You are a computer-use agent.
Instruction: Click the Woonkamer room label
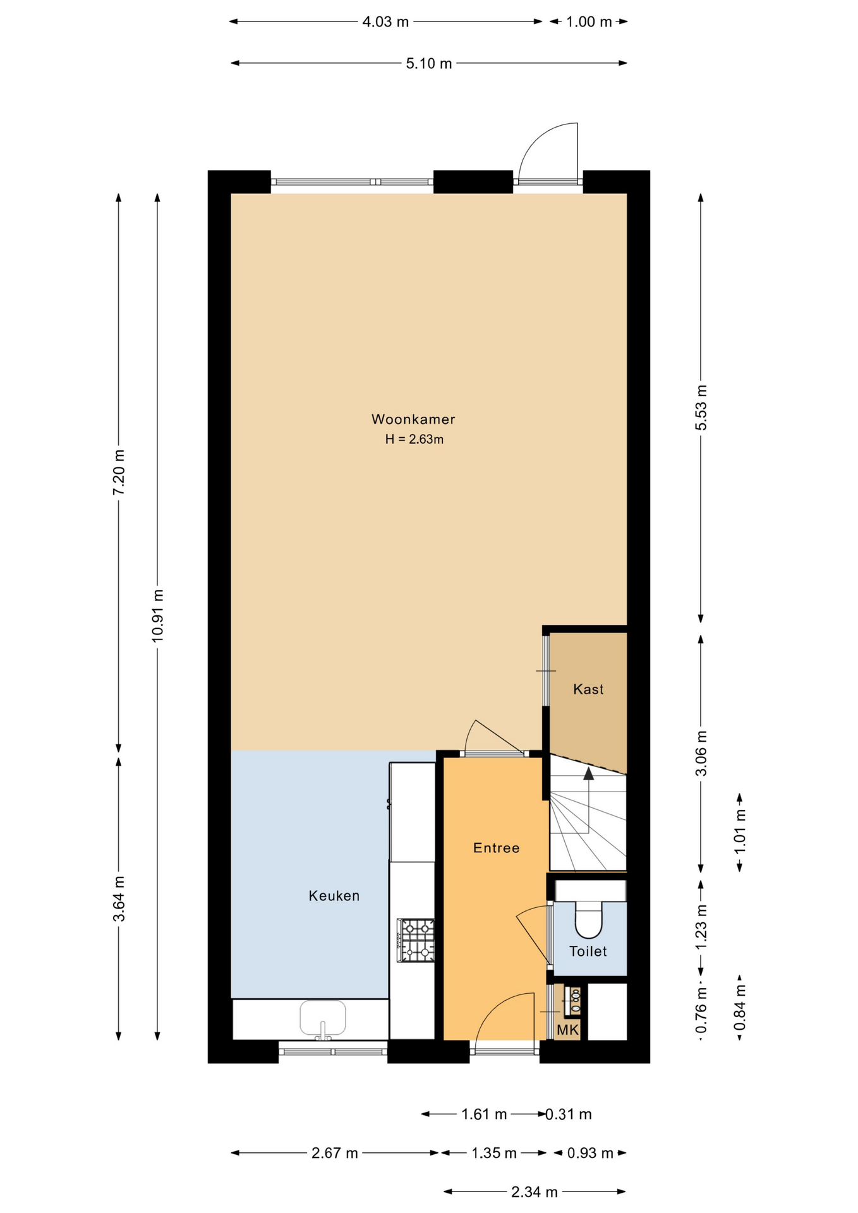413,419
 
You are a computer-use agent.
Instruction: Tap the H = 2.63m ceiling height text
414,439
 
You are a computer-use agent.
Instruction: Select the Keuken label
334,895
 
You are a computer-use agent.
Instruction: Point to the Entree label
496,848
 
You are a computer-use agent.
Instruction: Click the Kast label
588,689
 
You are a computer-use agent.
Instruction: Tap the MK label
567,1030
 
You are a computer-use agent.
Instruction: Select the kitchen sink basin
322,1017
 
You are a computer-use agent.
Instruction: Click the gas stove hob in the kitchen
416,940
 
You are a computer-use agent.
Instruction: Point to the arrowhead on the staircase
588,773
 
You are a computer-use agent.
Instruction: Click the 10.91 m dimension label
157,616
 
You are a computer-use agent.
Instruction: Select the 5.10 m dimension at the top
428,63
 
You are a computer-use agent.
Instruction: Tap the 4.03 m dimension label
385,22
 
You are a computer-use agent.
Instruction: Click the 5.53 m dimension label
701,407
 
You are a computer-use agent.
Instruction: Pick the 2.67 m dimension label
334,1153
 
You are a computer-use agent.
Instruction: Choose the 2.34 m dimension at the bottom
534,1192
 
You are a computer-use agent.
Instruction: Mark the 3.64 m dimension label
119,898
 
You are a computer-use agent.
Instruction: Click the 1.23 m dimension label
701,927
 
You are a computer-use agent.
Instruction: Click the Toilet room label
588,951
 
